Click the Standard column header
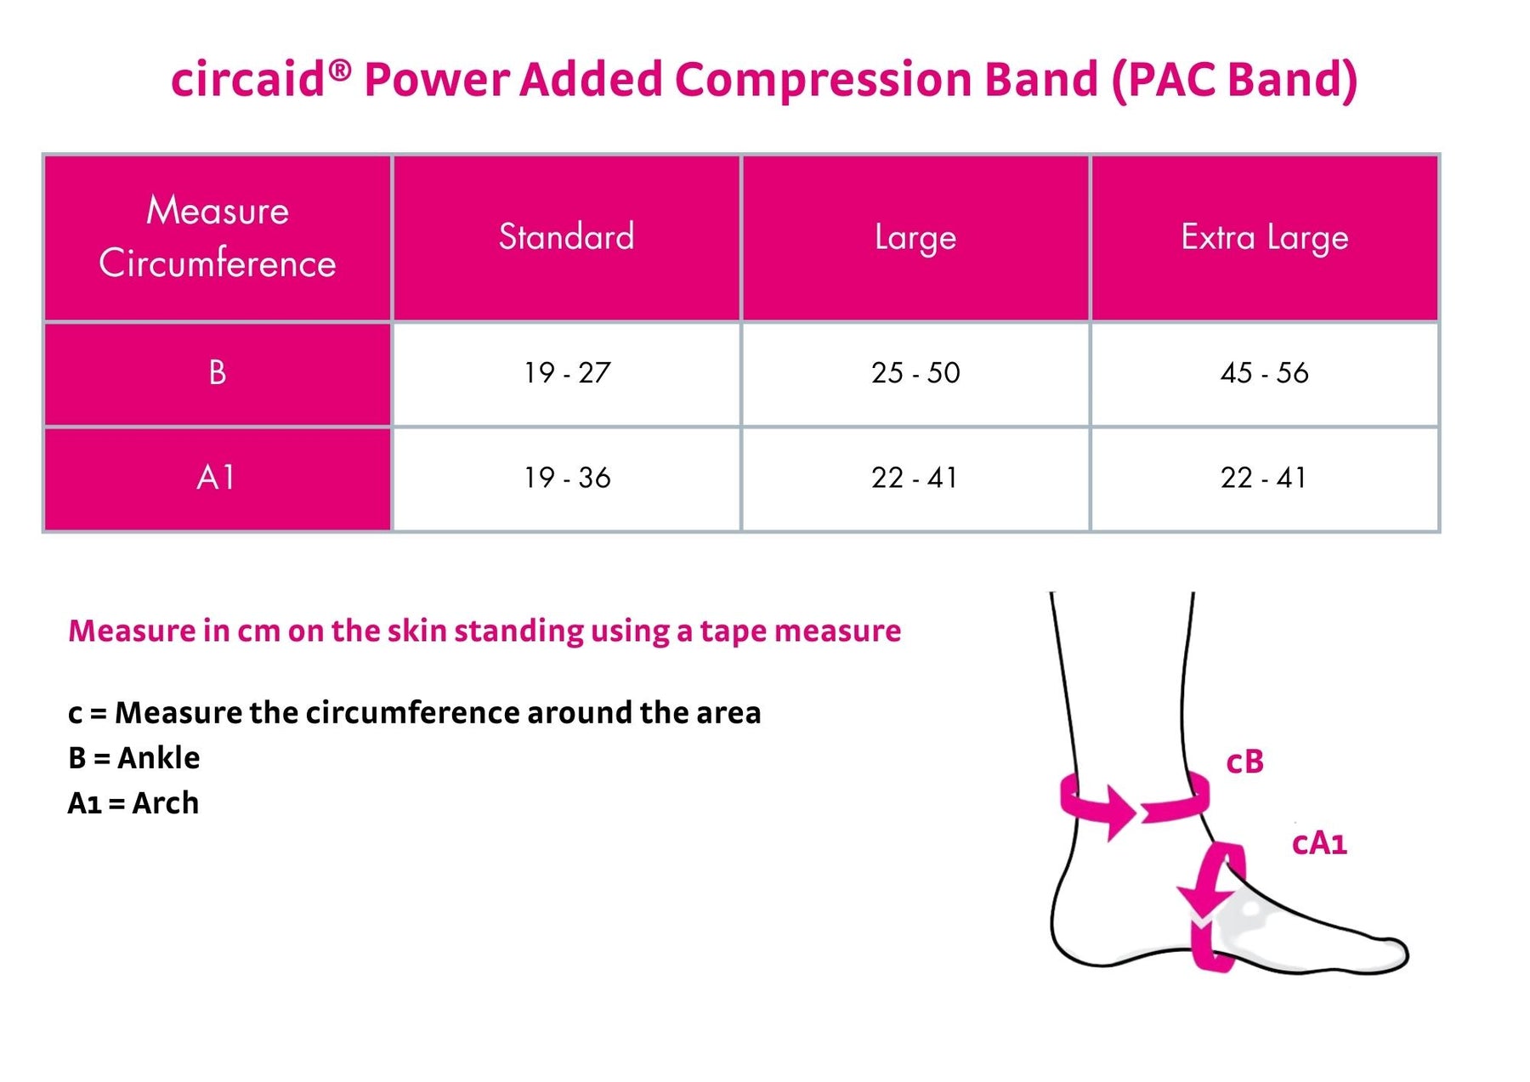[x=566, y=237]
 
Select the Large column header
[x=915, y=237]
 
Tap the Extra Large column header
[x=1264, y=237]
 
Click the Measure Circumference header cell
[x=218, y=237]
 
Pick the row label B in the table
[x=218, y=373]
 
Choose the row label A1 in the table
[x=218, y=478]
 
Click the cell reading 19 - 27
[x=567, y=373]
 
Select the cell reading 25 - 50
[x=915, y=373]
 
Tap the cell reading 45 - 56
[x=1264, y=373]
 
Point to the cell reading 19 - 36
[x=567, y=478]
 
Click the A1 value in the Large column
[x=915, y=478]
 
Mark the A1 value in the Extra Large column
[x=1264, y=478]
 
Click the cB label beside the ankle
[x=1244, y=762]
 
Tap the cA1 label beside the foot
[x=1319, y=843]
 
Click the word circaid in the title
[x=248, y=80]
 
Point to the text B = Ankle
[x=133, y=757]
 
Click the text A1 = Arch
[x=133, y=803]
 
